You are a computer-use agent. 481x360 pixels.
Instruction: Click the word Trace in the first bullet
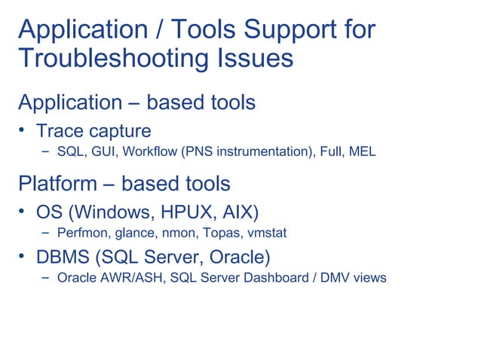(63, 130)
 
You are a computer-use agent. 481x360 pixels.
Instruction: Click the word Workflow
(150, 153)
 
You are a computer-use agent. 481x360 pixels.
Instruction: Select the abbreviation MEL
(360, 153)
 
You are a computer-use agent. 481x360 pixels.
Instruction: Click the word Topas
(219, 233)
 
